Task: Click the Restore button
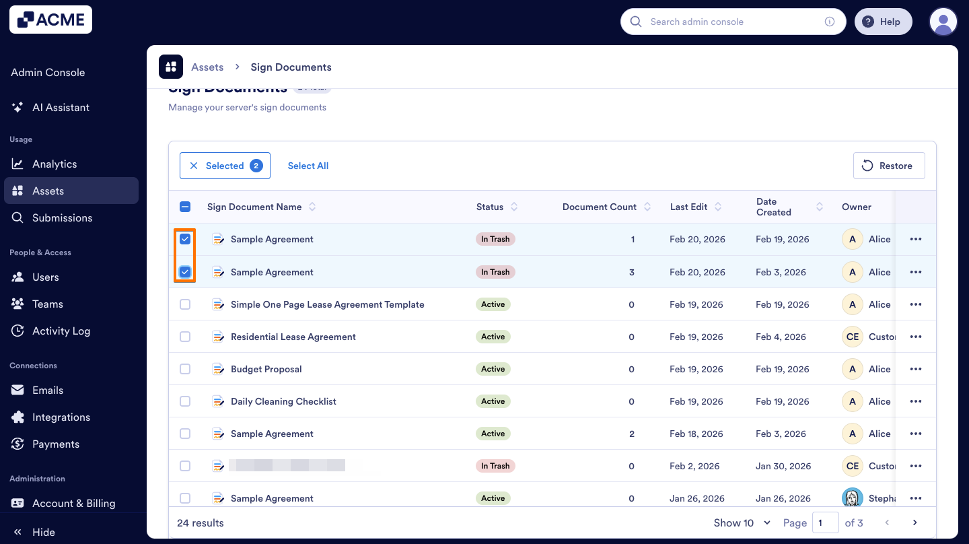[x=888, y=166]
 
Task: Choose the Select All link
[x=308, y=166]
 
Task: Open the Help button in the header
[x=883, y=22]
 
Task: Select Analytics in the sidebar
[x=55, y=164]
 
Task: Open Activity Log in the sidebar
[x=61, y=331]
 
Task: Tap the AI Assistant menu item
[x=61, y=107]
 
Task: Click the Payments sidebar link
[x=55, y=444]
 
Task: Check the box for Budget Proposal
[x=185, y=369]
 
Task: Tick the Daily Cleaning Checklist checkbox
[x=185, y=401]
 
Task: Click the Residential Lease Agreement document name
[x=293, y=337]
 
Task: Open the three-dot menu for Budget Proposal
[x=915, y=369]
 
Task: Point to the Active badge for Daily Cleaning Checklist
[x=493, y=401]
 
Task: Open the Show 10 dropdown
[x=742, y=522]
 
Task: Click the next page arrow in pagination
[x=914, y=522]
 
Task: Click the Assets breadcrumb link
[x=207, y=67]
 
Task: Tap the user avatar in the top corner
[x=943, y=22]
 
